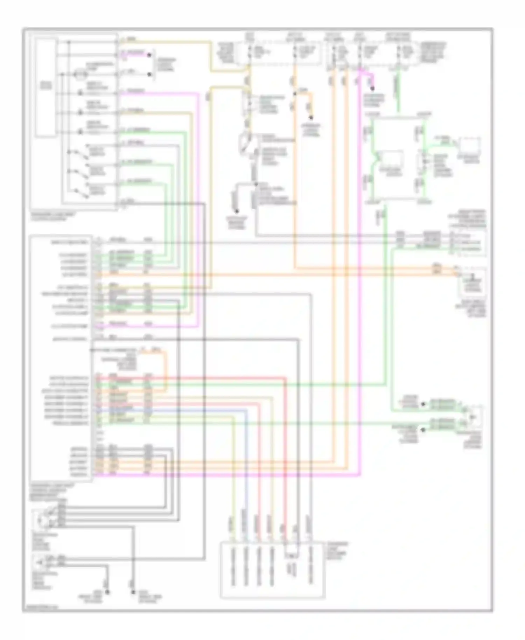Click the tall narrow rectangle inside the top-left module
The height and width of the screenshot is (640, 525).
(x=46, y=88)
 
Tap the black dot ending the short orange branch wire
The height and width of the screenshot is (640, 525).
(x=310, y=118)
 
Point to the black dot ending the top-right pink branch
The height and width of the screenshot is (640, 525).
(x=372, y=88)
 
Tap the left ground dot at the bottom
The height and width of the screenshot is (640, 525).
(x=107, y=591)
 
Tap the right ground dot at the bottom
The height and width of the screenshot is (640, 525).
(x=133, y=591)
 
